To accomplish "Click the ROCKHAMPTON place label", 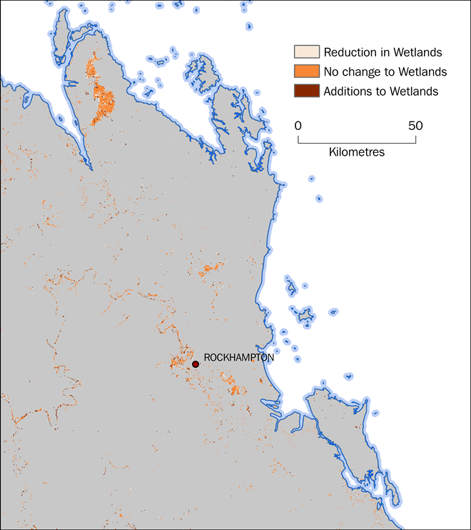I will tap(238, 358).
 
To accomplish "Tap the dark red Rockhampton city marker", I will tap(196, 364).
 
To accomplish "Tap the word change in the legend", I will tap(361, 71).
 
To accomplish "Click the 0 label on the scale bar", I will tap(298, 126).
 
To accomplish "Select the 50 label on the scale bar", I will tap(415, 126).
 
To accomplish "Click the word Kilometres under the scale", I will tap(357, 152).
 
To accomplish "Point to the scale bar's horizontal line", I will tap(357, 144).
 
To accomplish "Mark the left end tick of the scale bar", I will tap(298, 140).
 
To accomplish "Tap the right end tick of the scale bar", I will tap(415, 140).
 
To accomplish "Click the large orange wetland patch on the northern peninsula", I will tap(105, 99).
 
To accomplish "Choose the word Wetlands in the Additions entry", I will tap(414, 91).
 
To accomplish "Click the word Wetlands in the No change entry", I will tap(422, 71).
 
